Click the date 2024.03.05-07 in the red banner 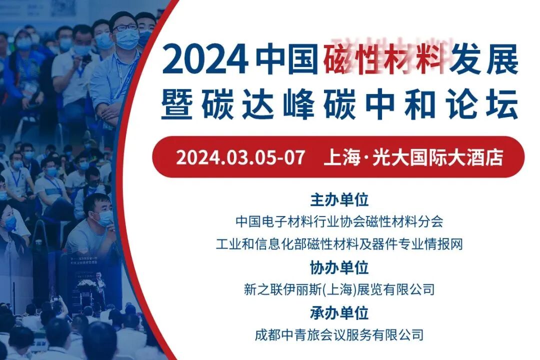point(240,157)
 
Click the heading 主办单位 point(339,200)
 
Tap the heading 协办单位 point(339,267)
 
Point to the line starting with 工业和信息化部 point(339,244)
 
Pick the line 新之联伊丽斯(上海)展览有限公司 point(339,289)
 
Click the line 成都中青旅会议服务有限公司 point(339,334)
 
